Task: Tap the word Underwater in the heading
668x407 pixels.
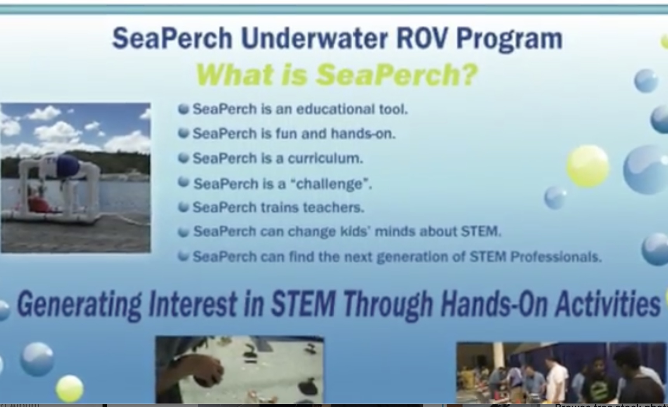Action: pos(314,38)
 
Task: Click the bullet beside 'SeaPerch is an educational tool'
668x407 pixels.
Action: pos(183,109)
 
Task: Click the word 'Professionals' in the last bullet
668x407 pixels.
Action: pos(555,257)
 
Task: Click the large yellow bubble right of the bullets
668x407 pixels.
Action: pos(587,166)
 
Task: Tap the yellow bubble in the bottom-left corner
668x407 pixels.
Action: pos(70,388)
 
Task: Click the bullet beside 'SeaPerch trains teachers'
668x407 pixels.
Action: pos(183,207)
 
